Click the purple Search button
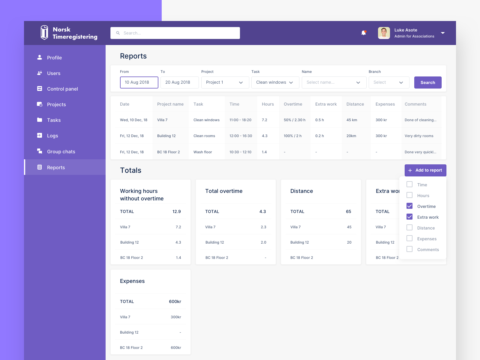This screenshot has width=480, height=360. [427, 82]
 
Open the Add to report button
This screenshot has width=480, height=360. [425, 170]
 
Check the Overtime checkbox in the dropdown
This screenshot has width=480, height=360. [409, 206]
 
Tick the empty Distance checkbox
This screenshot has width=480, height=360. [409, 228]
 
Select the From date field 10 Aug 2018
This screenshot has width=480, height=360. [139, 82]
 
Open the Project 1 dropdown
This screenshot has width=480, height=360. [225, 82]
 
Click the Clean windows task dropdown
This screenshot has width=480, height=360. [275, 82]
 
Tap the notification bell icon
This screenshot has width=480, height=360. [364, 33]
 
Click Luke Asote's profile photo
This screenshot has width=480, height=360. [384, 33]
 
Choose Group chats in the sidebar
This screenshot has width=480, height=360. [61, 151]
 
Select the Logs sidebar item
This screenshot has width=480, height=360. [52, 136]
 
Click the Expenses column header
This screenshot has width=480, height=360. [385, 104]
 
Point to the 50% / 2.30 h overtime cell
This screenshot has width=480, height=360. [294, 120]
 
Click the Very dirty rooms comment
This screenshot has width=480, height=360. [419, 136]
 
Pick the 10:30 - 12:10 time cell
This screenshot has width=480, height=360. [240, 152]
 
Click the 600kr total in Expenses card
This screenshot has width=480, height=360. [175, 301]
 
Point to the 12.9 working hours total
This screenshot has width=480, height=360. [176, 211]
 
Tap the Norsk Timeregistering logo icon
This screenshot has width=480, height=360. [44, 32]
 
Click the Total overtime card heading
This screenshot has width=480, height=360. [224, 191]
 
